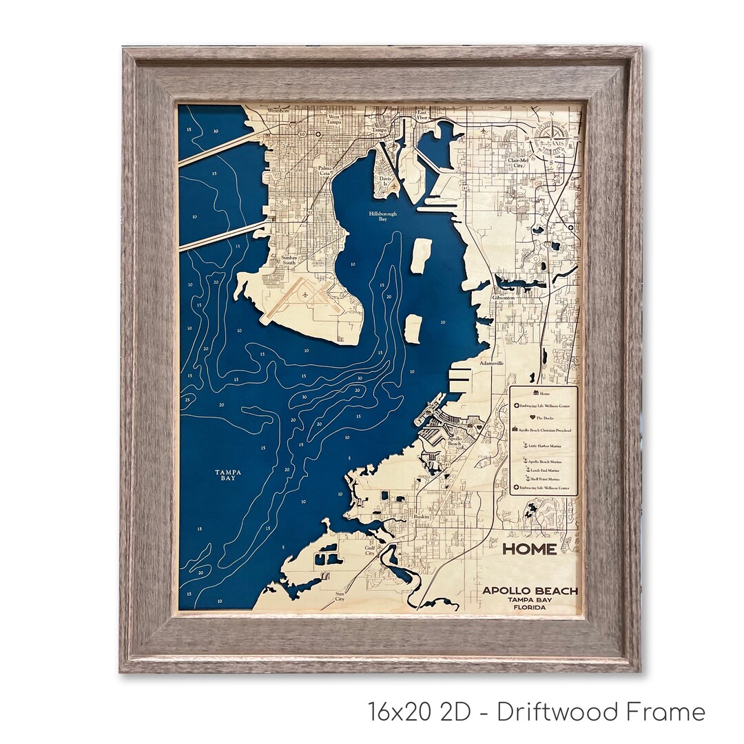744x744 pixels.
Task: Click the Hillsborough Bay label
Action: coord(383,216)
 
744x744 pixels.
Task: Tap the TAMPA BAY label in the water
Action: coord(227,475)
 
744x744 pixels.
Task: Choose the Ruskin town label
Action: coord(421,516)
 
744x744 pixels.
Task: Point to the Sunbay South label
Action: coord(289,260)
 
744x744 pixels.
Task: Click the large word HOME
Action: coord(529,549)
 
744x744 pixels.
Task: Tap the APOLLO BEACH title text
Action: coord(530,590)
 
